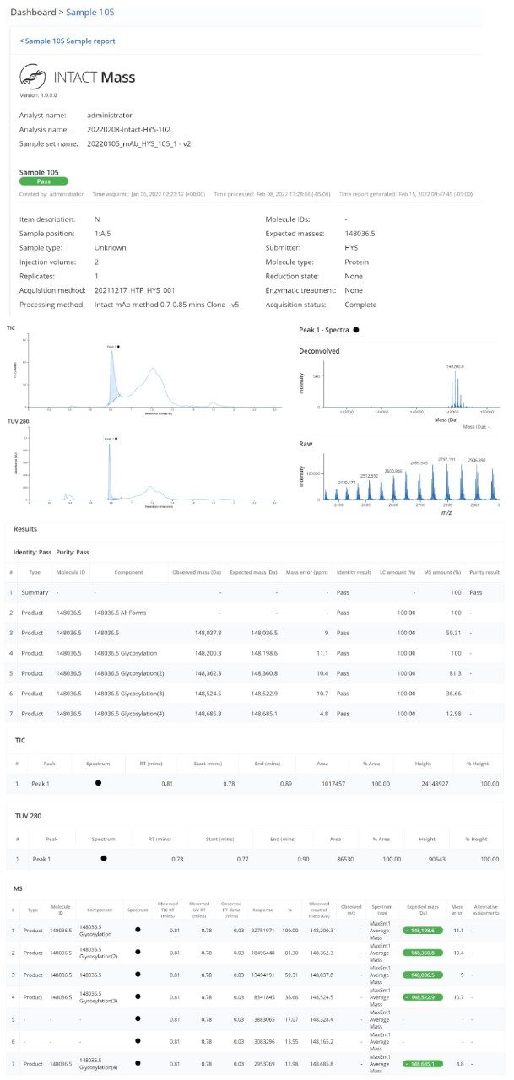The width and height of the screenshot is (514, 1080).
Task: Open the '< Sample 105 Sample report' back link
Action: pyautogui.click(x=68, y=40)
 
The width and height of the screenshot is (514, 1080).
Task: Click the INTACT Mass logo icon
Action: pyautogui.click(x=33, y=78)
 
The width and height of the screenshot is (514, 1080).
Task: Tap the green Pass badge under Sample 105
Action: pyautogui.click(x=43, y=181)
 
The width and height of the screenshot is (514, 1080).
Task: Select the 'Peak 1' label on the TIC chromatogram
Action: pyautogui.click(x=113, y=346)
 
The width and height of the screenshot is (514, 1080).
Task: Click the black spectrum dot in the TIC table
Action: pyautogui.click(x=98, y=782)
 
